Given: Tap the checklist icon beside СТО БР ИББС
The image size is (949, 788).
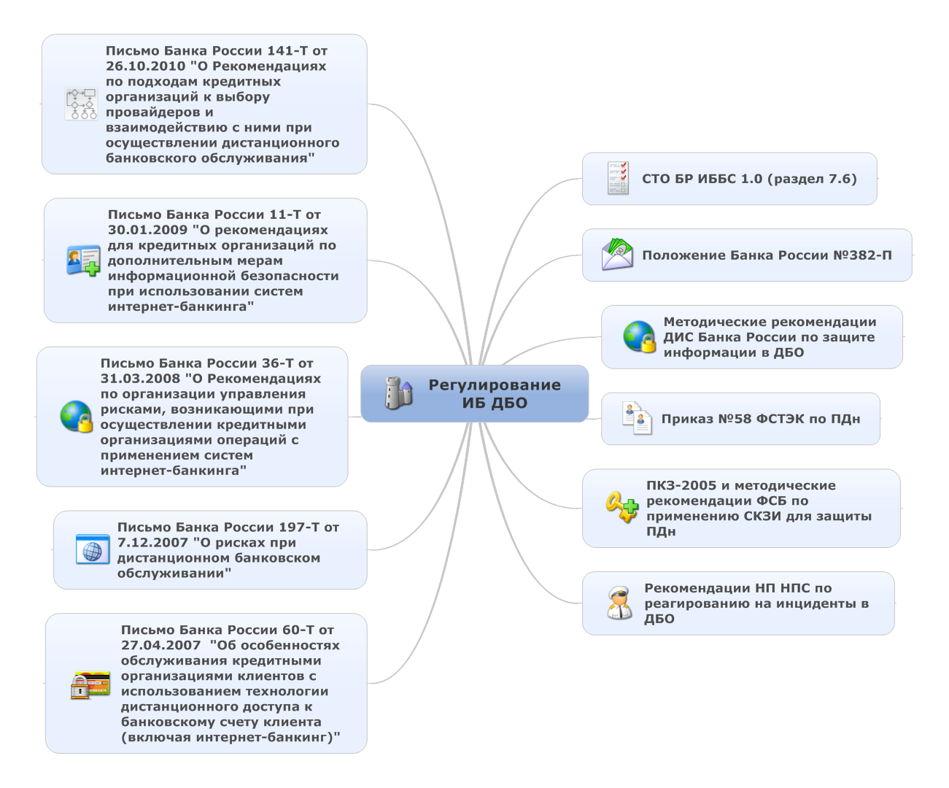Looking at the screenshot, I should tap(618, 178).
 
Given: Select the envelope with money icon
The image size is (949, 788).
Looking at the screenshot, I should tap(617, 255).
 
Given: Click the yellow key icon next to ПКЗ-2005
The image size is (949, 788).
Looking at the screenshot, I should tap(621, 506).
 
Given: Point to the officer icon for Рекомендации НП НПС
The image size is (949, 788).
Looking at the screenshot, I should tap(619, 603).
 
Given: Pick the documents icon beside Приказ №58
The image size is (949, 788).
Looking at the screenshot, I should tap(637, 418).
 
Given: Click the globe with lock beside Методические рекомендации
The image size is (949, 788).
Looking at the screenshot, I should tap(639, 336).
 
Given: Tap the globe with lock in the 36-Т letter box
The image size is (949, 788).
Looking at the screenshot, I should tap(77, 416).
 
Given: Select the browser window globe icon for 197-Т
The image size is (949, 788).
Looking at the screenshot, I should tap(93, 549).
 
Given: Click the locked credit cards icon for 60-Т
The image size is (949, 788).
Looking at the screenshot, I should tap(90, 684).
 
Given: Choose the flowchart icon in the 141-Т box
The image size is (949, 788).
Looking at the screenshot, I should tap(81, 104).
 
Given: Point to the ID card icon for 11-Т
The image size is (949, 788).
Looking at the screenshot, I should tap(83, 260).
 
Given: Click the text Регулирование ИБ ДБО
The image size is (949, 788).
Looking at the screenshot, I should tap(494, 393).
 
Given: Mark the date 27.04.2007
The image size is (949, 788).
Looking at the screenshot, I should tap(160, 645).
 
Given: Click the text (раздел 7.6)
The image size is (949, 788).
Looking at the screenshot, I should tap(812, 179).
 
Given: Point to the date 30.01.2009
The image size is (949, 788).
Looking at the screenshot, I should tap(147, 230).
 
